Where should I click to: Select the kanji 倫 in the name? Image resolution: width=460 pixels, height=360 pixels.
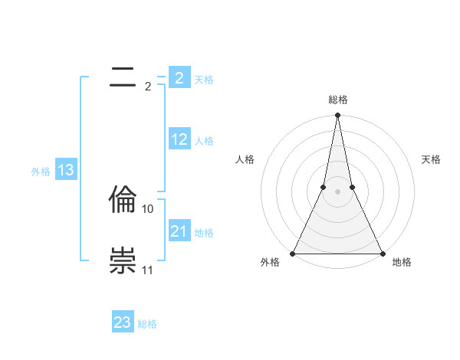123,200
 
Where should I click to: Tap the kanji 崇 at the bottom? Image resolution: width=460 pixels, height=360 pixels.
123,261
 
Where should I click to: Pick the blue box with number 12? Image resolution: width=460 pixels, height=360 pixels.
179,140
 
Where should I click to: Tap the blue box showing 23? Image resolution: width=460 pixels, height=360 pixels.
123,322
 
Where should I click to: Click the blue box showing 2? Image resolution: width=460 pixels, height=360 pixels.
179,78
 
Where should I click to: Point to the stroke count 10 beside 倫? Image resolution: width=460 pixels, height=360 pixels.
148,208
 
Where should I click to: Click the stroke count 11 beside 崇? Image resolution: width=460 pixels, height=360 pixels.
148,270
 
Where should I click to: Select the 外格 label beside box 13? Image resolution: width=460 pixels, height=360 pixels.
41,172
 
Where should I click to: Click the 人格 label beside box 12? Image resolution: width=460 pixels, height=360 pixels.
204,141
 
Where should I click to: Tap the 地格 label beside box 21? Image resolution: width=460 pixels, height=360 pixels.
204,233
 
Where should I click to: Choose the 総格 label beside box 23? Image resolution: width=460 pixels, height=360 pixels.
147,324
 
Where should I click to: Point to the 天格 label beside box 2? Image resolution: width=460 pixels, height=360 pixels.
204,79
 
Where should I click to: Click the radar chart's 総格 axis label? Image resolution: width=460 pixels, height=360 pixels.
338,100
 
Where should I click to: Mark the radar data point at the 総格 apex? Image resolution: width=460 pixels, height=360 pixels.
338,116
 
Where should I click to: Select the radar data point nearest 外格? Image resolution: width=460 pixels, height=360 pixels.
294,253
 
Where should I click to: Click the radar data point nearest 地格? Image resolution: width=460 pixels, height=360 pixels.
382,253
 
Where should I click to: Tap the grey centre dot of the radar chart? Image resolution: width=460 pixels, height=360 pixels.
338,191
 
